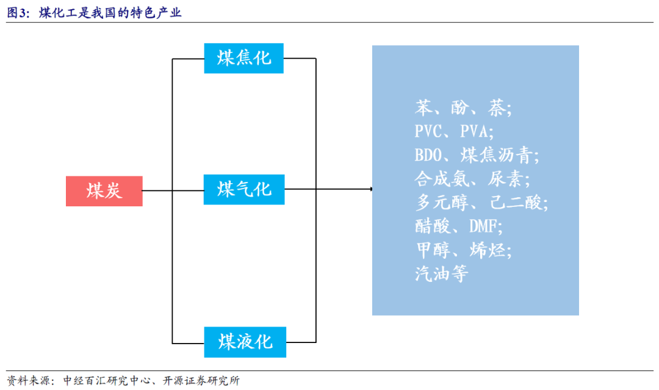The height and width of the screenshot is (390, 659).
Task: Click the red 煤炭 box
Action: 104,191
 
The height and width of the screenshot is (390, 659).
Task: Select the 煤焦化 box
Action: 243,59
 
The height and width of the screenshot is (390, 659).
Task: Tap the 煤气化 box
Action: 244,190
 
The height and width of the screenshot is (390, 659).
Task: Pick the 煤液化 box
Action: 245,342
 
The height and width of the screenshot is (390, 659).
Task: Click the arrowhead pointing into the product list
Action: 371,189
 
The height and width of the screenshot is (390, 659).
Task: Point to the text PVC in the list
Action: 428,132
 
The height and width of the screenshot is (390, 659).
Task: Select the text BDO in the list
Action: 428,155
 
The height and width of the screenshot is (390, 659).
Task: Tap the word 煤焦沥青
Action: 496,155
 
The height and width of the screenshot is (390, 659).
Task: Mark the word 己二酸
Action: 515,203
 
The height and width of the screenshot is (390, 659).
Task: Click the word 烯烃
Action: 488,250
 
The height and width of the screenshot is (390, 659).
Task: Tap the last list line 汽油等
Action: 442,274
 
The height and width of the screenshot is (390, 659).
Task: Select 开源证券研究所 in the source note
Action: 201,381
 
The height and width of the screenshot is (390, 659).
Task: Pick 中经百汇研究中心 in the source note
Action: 107,381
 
